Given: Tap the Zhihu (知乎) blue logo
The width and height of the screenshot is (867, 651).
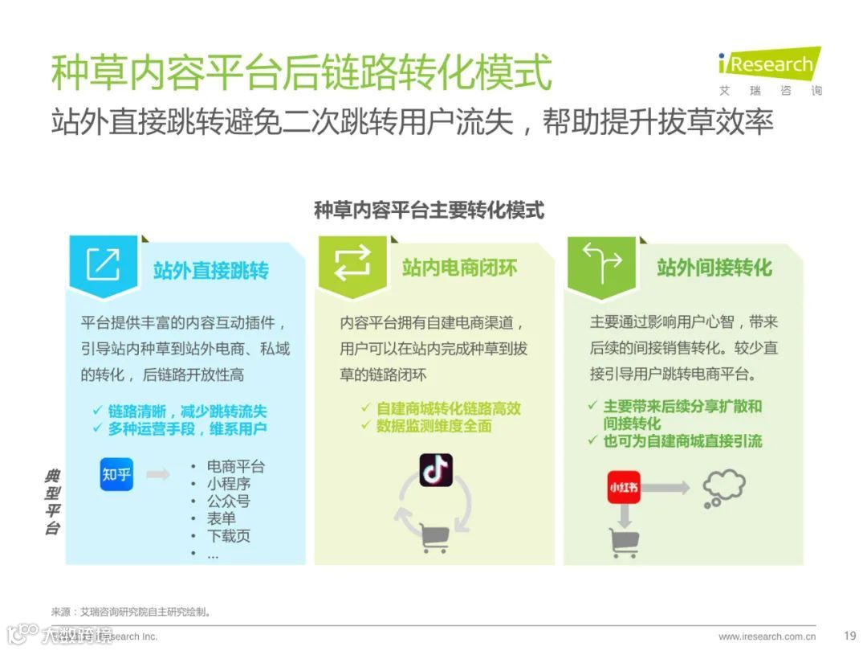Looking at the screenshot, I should pyautogui.click(x=116, y=474).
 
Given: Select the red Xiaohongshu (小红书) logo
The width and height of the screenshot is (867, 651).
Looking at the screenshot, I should pyautogui.click(x=624, y=487).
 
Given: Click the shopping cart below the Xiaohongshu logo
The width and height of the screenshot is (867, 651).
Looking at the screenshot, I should pyautogui.click(x=624, y=542).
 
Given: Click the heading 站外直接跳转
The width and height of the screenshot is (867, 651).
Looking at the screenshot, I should pyautogui.click(x=211, y=269).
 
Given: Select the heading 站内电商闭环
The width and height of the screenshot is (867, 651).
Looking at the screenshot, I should pyautogui.click(x=460, y=268).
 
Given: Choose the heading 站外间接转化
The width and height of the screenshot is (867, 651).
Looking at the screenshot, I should pyautogui.click(x=714, y=268).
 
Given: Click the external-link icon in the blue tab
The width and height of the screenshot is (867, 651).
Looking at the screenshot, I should pyautogui.click(x=104, y=264).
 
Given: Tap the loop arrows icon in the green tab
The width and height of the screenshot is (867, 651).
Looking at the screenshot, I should pyautogui.click(x=352, y=263).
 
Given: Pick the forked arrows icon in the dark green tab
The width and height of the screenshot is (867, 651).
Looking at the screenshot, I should pyautogui.click(x=601, y=263).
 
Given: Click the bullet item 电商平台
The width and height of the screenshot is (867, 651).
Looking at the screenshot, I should pyautogui.click(x=235, y=466).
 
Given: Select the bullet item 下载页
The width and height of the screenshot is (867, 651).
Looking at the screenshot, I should pyautogui.click(x=228, y=536).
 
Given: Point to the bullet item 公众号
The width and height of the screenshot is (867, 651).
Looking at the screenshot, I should pyautogui.click(x=228, y=502).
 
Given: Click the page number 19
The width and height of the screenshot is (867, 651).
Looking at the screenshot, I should pyautogui.click(x=850, y=636).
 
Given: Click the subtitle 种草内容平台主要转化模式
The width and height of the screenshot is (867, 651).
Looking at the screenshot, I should pyautogui.click(x=429, y=211).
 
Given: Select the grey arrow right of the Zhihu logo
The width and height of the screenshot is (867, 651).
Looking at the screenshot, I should pyautogui.click(x=158, y=474).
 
